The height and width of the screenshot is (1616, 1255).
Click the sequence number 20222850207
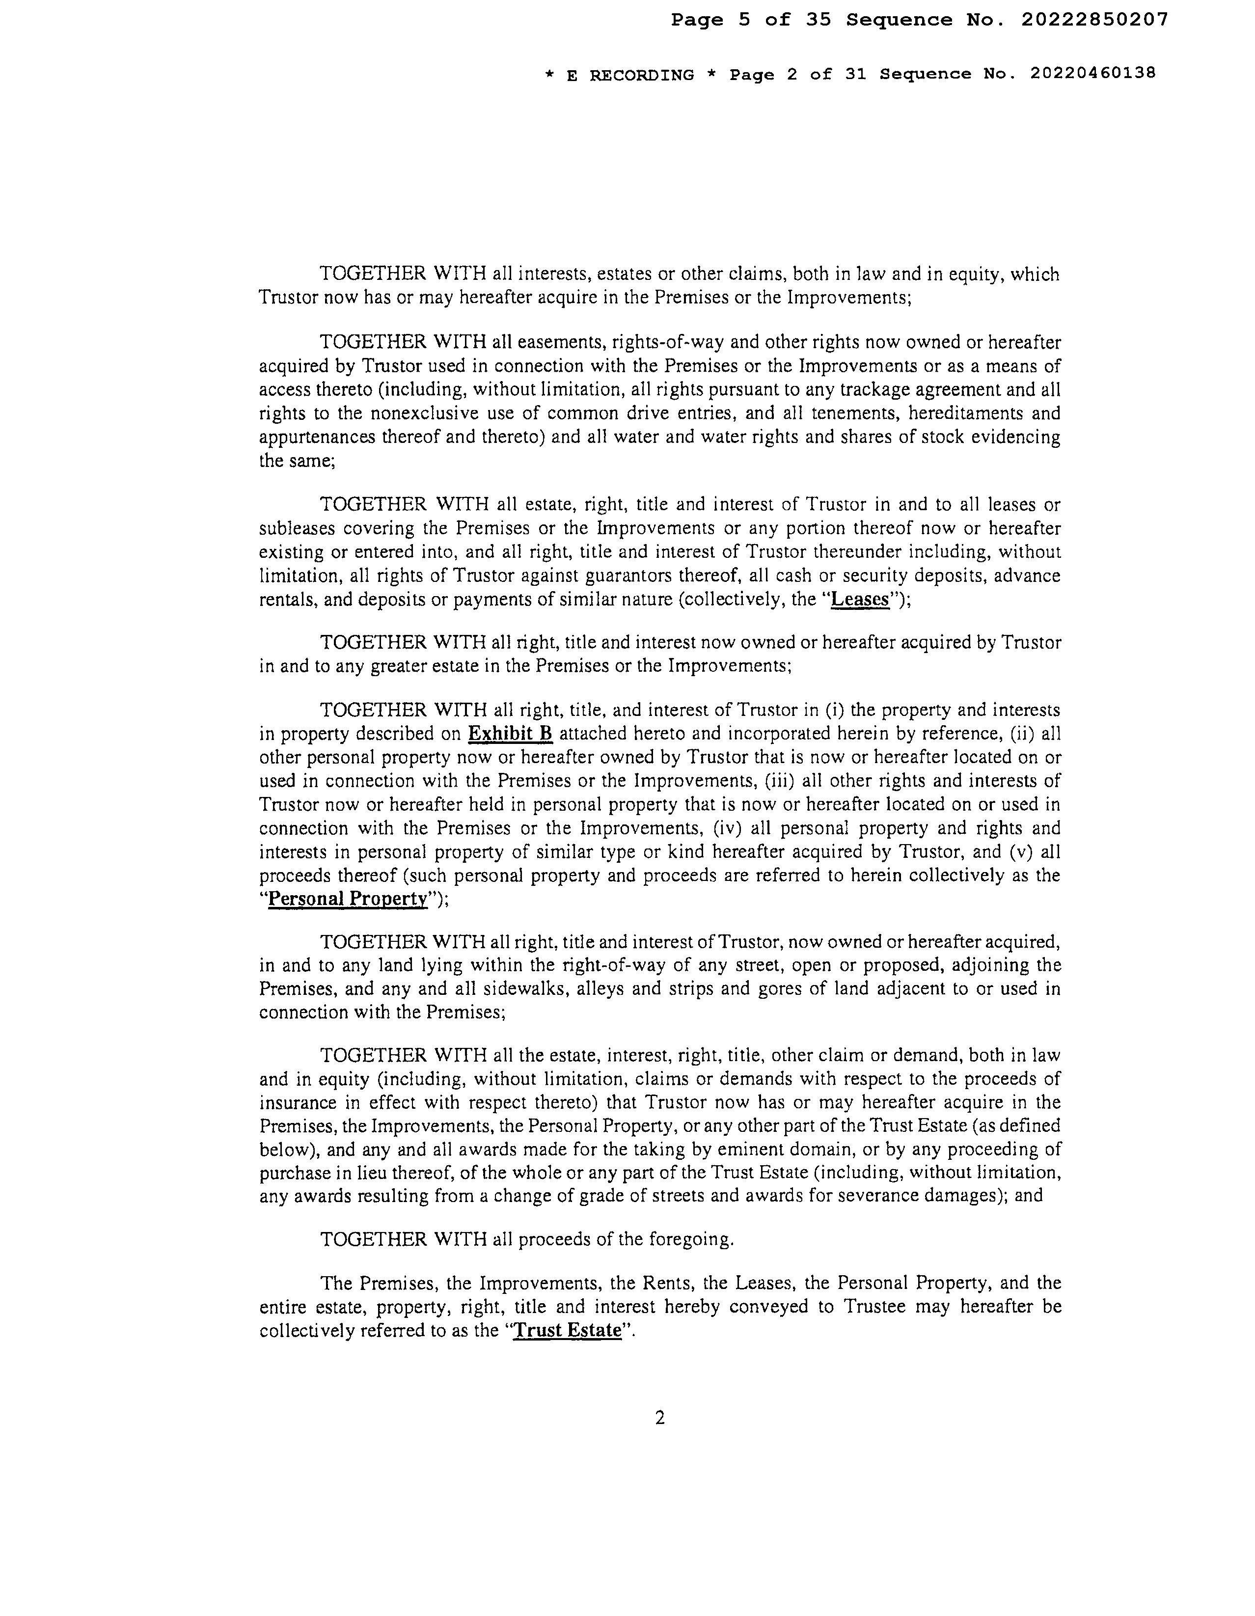click(1094, 20)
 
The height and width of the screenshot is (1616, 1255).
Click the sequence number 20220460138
click(1091, 74)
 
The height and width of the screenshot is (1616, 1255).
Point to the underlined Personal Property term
click(348, 899)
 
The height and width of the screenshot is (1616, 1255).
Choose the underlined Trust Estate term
click(568, 1330)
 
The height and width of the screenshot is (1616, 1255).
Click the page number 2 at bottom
click(660, 1417)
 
